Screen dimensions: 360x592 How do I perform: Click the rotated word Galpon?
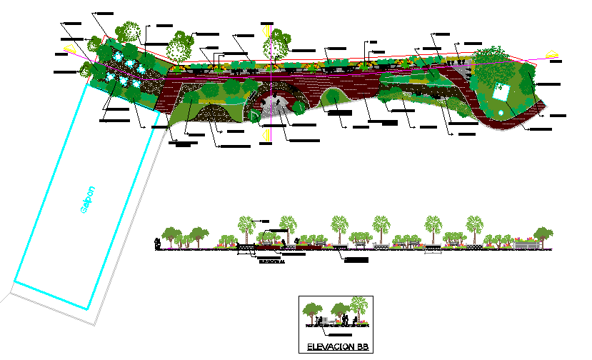[86, 200]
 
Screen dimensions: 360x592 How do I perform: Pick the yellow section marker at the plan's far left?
[69, 49]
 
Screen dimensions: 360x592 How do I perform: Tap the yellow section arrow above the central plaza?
[267, 32]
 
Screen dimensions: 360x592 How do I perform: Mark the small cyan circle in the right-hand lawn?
[503, 113]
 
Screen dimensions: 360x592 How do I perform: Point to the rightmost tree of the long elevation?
[543, 234]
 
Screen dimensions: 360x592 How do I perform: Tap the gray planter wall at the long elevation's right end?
[526, 245]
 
